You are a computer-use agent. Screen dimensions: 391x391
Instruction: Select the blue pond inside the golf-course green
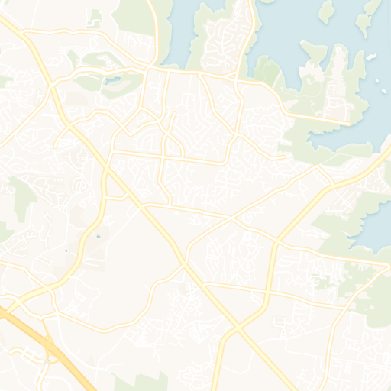point(112,79)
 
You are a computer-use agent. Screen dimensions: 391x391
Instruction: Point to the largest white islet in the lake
point(371,57)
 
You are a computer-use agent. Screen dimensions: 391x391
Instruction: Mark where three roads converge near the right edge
point(382,267)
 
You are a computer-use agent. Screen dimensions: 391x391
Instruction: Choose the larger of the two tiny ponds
point(98,237)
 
